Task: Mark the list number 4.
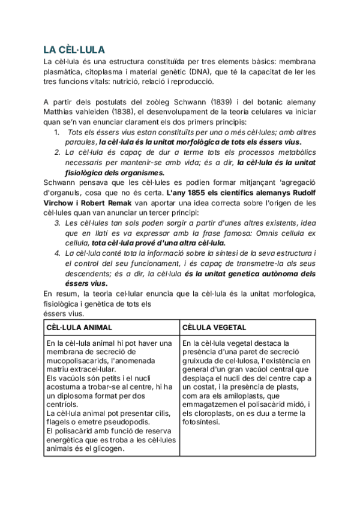click(x=56, y=254)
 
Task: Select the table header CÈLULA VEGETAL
click(x=212, y=327)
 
